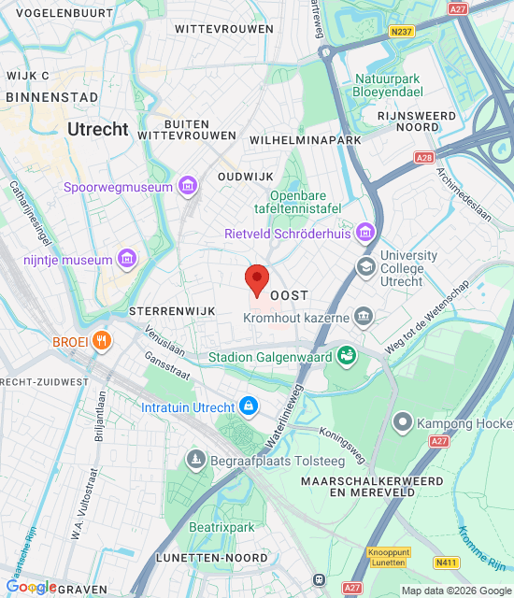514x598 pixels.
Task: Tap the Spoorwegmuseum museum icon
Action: point(188,187)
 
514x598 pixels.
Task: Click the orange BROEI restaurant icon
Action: point(103,341)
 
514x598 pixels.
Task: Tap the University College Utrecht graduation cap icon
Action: point(366,268)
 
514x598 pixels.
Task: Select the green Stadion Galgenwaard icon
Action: point(347,356)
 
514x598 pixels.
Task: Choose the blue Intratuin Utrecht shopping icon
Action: point(248,406)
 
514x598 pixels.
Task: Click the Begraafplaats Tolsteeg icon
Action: point(195,458)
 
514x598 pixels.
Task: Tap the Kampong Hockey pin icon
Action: point(403,423)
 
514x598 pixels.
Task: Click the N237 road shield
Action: point(402,31)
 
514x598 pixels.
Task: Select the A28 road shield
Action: point(423,158)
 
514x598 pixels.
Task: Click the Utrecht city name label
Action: point(97,130)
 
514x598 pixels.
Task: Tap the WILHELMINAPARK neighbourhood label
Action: point(306,139)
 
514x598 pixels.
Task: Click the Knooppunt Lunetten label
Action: point(386,557)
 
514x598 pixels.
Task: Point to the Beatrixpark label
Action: point(221,528)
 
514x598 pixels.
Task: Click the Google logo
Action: point(32,586)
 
